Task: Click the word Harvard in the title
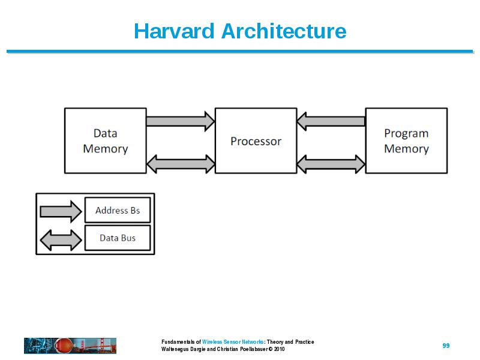(x=174, y=31)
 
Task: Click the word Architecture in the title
(x=284, y=31)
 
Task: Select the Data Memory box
(x=106, y=140)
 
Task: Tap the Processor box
(x=256, y=140)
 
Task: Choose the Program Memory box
(x=406, y=140)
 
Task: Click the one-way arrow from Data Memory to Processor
(x=181, y=121)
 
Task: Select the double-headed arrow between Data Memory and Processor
(x=181, y=164)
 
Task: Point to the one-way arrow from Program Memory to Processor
(x=331, y=121)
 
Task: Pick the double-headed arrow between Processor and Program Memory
(x=331, y=164)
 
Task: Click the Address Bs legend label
(x=118, y=211)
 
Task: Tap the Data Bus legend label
(x=118, y=238)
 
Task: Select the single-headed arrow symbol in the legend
(x=61, y=212)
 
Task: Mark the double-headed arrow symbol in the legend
(x=61, y=240)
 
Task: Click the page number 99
(x=446, y=346)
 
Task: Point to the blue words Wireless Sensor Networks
(x=233, y=342)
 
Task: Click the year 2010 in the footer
(x=280, y=349)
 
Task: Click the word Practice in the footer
(x=305, y=342)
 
